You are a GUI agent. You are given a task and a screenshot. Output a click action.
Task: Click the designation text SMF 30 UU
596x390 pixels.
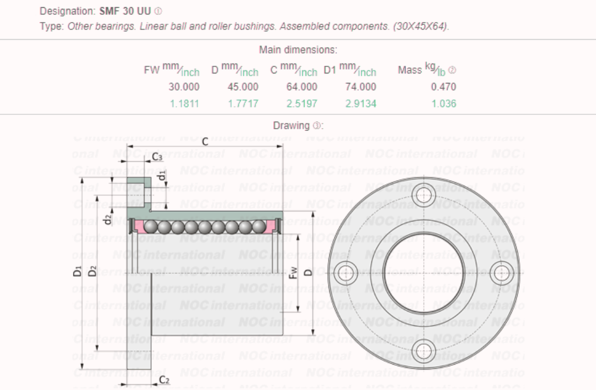tap(125, 11)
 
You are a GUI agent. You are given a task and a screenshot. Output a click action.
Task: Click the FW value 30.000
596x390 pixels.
tap(184, 87)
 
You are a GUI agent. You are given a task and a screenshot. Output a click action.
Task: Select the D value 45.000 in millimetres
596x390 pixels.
tap(243, 87)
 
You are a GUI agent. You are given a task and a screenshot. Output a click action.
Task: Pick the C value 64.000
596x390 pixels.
tap(302, 87)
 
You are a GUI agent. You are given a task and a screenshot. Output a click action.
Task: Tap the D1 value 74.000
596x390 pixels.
tap(361, 87)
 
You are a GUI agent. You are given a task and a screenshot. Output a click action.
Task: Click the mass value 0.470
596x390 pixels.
tap(444, 87)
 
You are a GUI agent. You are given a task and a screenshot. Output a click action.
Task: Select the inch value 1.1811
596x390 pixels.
tap(184, 103)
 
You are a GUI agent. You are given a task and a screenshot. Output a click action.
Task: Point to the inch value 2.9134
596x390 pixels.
tap(361, 103)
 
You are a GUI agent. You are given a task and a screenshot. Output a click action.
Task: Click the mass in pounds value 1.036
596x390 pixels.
tap(444, 103)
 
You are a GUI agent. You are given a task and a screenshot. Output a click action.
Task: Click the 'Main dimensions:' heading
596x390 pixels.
tap(298, 50)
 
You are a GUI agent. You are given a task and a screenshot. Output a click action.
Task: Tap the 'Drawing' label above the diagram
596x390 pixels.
tap(291, 125)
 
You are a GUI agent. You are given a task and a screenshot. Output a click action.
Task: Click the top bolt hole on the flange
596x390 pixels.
tap(424, 194)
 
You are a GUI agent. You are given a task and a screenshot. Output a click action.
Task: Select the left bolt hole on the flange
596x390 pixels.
tap(345, 272)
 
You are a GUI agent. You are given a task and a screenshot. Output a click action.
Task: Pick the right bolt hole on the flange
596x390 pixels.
tap(502, 272)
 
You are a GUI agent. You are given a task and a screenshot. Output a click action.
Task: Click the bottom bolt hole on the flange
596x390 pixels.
tap(424, 351)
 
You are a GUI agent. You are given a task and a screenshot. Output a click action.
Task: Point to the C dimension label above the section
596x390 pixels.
tap(205, 142)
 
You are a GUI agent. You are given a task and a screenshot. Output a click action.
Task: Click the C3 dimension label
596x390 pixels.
tap(157, 157)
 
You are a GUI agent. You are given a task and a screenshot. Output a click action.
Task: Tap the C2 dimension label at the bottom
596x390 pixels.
tap(164, 380)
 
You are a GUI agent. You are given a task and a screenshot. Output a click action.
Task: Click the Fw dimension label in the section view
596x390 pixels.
tap(294, 272)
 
